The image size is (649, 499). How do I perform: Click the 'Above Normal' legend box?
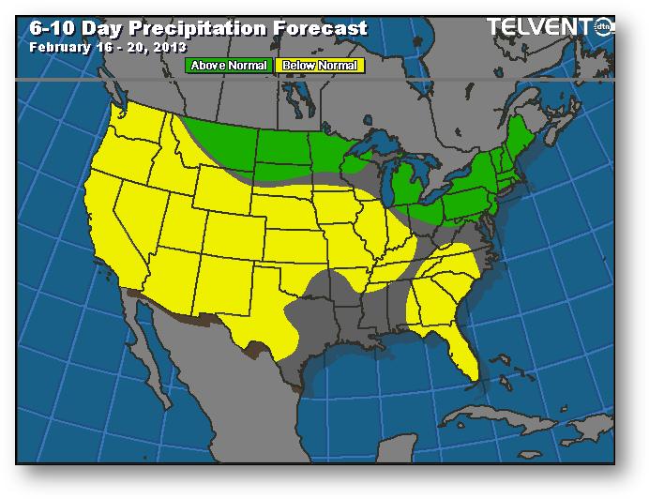pyautogui.click(x=229, y=66)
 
